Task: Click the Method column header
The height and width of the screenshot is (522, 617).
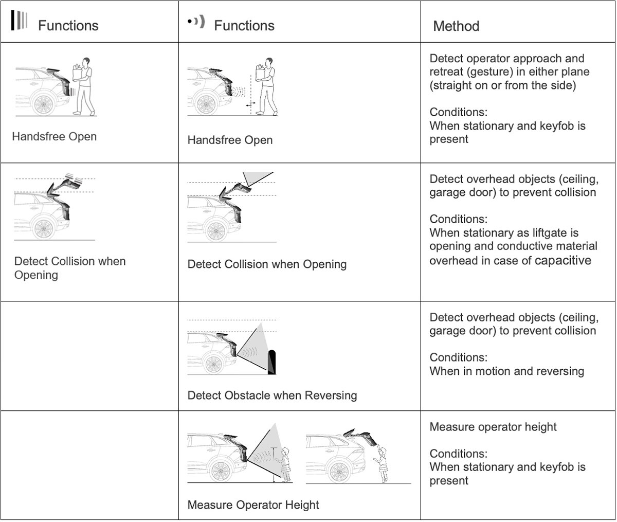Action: [x=456, y=26]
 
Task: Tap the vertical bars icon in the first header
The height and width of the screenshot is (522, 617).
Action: [x=19, y=20]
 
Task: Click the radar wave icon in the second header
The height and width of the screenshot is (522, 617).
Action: [x=196, y=22]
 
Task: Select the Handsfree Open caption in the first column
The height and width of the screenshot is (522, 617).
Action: [x=55, y=137]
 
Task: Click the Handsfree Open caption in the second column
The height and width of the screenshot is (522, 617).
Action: [x=230, y=140]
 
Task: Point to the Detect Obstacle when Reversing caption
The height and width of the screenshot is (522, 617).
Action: [x=272, y=395]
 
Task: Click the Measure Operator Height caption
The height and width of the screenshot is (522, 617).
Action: [x=253, y=505]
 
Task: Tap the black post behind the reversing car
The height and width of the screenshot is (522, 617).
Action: [x=272, y=362]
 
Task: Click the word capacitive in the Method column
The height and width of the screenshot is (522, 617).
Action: [x=563, y=260]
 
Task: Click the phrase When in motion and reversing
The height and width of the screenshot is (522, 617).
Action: [x=507, y=371]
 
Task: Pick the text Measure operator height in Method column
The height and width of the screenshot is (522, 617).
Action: [x=493, y=427]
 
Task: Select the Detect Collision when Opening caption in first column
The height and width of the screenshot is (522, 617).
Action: [x=70, y=267]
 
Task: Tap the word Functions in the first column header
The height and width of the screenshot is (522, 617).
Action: [x=68, y=26]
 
